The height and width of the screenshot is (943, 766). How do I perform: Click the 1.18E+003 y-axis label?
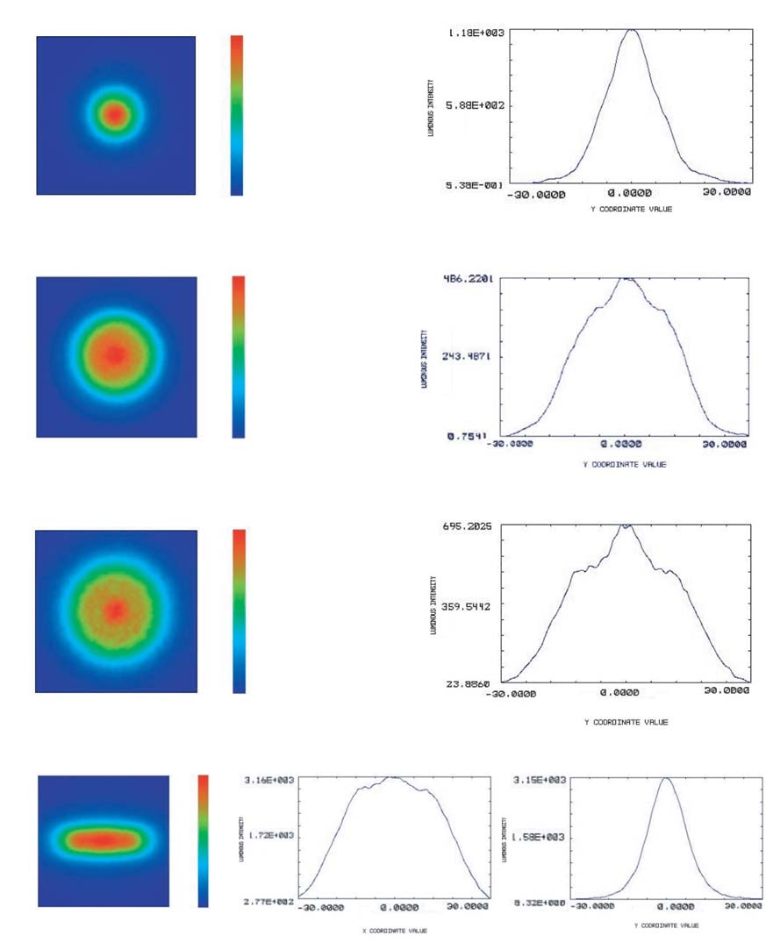click(473, 32)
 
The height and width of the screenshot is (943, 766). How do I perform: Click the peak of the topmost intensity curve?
click(632, 31)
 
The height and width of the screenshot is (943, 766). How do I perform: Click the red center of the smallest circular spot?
click(114, 113)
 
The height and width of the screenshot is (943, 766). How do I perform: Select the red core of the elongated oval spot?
click(103, 839)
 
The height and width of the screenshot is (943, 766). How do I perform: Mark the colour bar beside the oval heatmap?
click(204, 839)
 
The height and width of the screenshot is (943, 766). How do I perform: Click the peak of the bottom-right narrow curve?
click(665, 779)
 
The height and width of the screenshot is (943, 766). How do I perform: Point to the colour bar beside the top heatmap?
click(237, 114)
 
